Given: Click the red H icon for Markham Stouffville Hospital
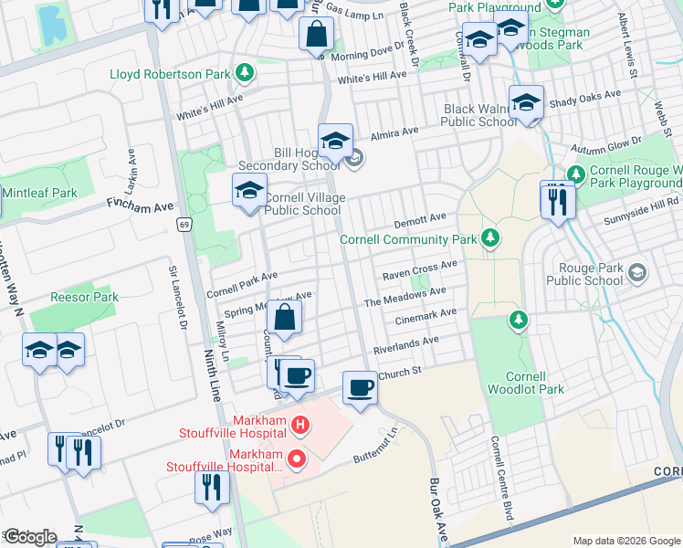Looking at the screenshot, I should point(300,426).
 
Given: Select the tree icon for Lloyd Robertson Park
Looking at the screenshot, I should point(244,72).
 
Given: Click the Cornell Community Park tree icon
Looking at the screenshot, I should point(491,238).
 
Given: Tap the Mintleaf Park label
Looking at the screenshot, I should point(39,193).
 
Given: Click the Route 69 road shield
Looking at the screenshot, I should point(184,224).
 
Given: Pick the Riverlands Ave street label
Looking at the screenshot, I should point(405,345).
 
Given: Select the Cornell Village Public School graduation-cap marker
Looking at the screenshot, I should point(248,192).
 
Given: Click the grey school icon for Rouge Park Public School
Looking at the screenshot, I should point(636,271).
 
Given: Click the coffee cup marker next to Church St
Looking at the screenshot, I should point(360,387).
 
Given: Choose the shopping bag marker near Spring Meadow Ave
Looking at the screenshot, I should point(284,319).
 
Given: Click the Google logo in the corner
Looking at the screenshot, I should point(30,537).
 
